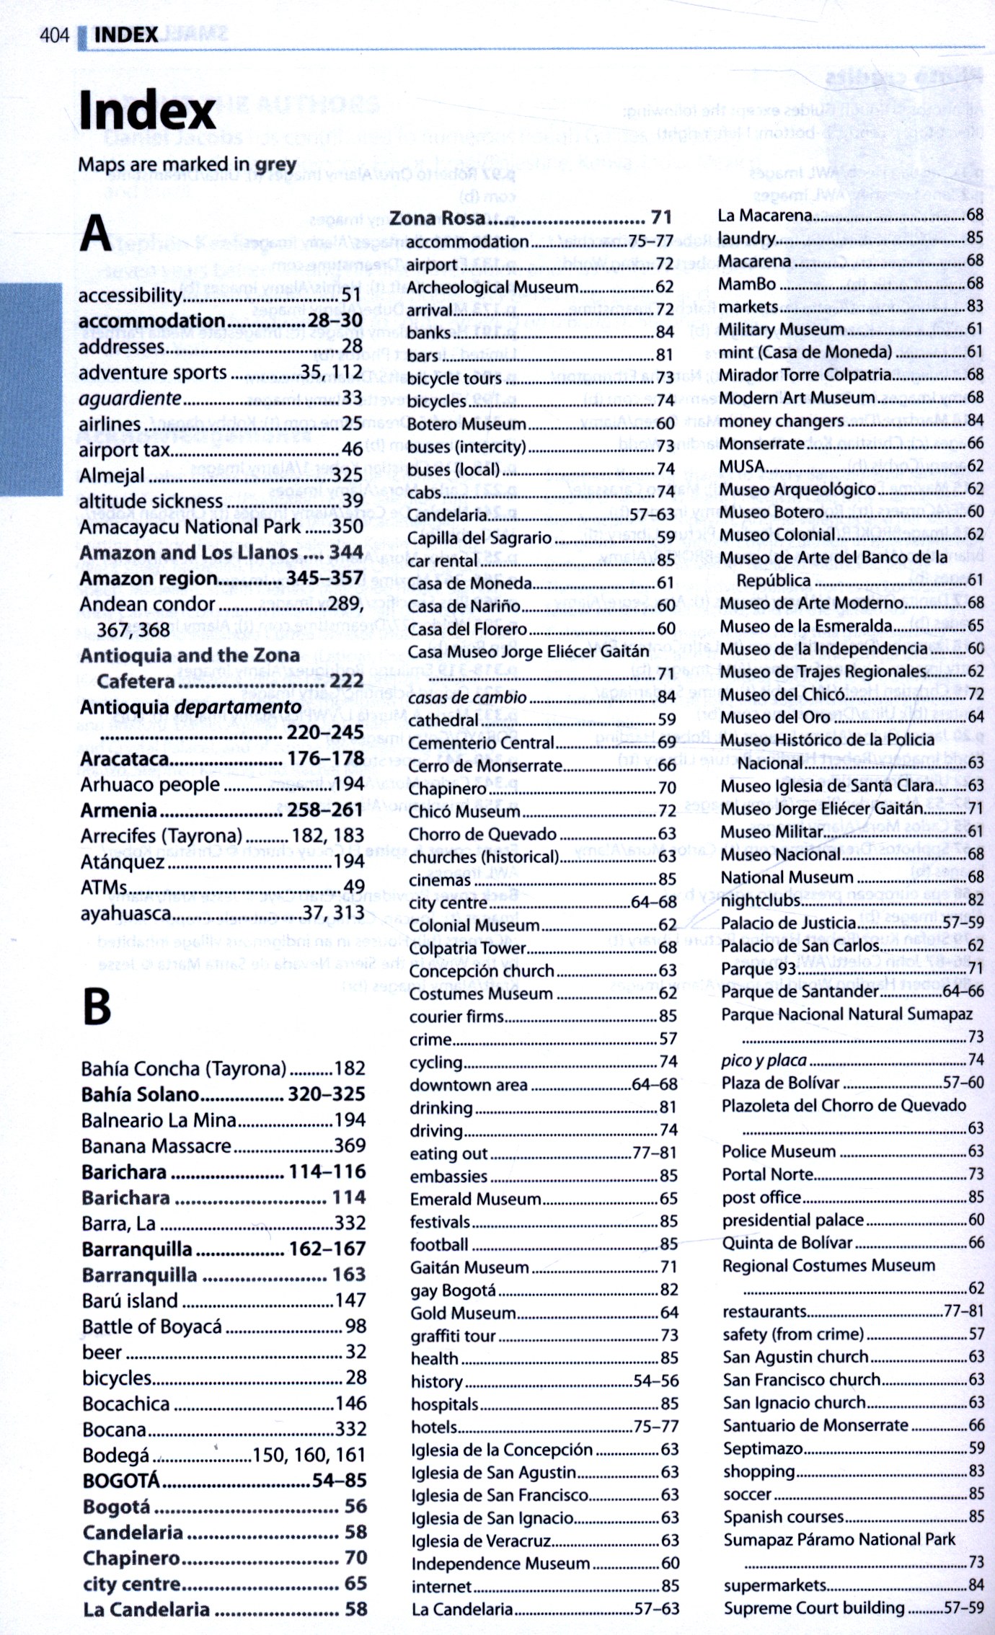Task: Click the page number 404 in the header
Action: point(54,35)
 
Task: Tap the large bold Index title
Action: point(147,111)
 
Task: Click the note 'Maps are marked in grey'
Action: point(187,165)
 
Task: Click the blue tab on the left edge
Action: point(30,389)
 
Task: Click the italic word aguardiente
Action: point(130,398)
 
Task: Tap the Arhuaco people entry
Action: point(150,784)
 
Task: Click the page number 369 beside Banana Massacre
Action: point(350,1146)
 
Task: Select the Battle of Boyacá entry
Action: point(152,1326)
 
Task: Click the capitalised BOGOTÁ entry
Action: point(121,1480)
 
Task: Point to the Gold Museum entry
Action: point(463,1313)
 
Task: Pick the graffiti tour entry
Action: point(453,1336)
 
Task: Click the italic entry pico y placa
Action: point(764,1060)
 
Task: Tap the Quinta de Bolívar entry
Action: point(787,1242)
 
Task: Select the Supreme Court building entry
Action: point(813,1608)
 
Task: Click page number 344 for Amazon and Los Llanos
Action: point(345,552)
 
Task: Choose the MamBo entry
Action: point(747,283)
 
